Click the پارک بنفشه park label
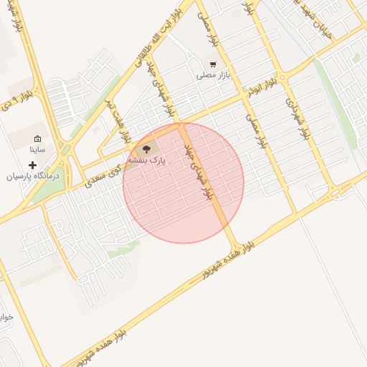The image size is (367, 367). click(x=147, y=161)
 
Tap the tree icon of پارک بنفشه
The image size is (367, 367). click(x=147, y=149)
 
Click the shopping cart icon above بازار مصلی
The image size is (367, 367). click(x=212, y=63)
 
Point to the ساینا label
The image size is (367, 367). click(x=37, y=151)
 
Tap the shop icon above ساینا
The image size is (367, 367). click(x=37, y=139)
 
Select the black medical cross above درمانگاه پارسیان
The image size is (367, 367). click(x=33, y=165)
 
